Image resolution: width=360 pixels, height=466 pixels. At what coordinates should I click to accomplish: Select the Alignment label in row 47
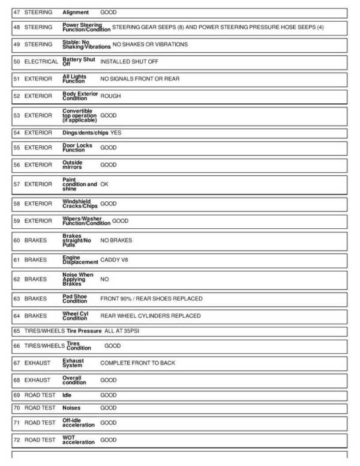[76, 12]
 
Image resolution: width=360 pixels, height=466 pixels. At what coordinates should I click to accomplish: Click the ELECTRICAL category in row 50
[41, 61]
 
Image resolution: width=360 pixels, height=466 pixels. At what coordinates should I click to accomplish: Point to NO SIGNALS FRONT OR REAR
[140, 79]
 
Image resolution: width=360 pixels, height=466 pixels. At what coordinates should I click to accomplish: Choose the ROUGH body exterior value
[110, 96]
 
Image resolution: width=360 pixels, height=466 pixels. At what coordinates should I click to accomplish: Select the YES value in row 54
[116, 132]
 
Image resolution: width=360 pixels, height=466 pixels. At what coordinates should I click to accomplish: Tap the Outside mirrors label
[73, 165]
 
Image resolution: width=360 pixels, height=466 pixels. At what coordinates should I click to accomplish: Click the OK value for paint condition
[104, 184]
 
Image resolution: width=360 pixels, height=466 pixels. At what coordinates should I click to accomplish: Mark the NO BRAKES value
[116, 240]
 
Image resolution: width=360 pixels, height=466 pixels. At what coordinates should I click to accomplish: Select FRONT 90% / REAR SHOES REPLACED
[151, 298]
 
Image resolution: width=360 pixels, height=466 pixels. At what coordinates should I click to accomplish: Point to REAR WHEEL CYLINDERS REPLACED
[151, 315]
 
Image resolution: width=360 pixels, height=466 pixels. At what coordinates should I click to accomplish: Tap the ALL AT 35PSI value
[125, 331]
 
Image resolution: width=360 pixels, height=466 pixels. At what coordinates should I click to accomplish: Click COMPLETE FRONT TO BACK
[137, 363]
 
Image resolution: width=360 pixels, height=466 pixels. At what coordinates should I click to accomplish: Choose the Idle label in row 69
[67, 396]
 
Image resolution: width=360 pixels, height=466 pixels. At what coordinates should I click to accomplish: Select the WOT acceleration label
[79, 440]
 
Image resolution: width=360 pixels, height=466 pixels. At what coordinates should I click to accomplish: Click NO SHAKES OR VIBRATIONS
[150, 44]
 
